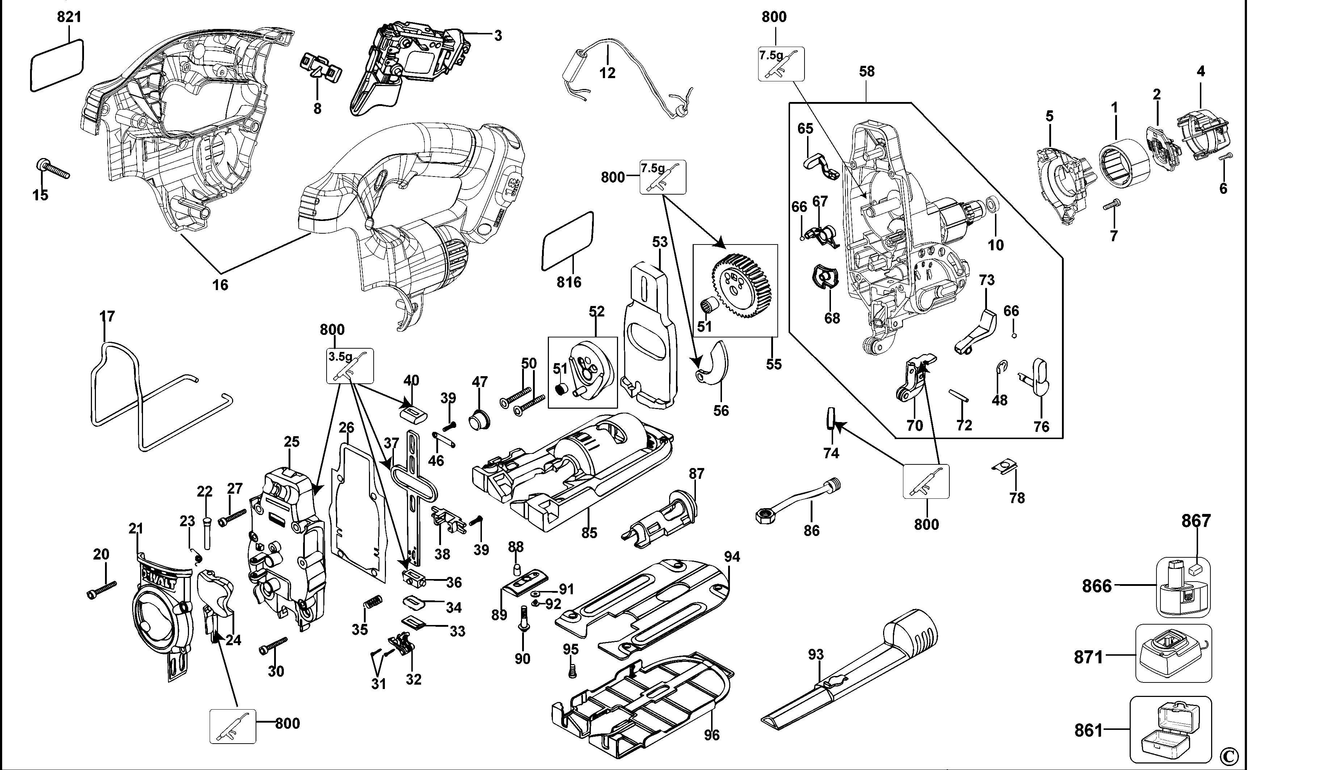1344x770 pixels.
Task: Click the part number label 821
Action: [x=70, y=17]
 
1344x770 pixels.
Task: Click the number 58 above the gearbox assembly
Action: [x=866, y=71]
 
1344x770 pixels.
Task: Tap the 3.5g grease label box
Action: [x=350, y=366]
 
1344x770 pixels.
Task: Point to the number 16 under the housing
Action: [x=220, y=285]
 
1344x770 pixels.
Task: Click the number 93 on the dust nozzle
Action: [x=816, y=655]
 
